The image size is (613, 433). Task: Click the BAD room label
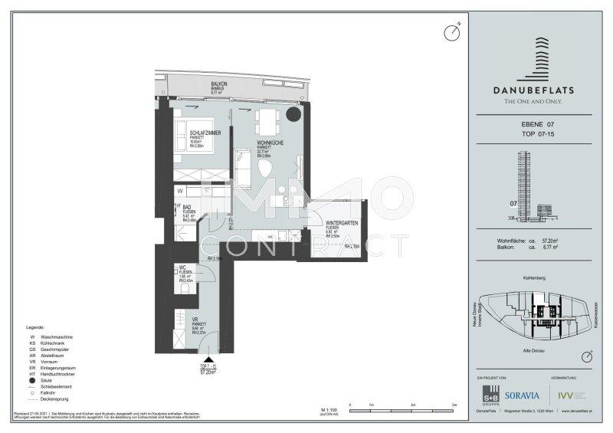tap(188, 208)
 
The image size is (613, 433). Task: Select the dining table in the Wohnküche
tap(265, 121)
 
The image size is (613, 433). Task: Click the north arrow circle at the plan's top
tap(452, 32)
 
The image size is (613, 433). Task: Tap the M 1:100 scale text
tap(329, 412)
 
